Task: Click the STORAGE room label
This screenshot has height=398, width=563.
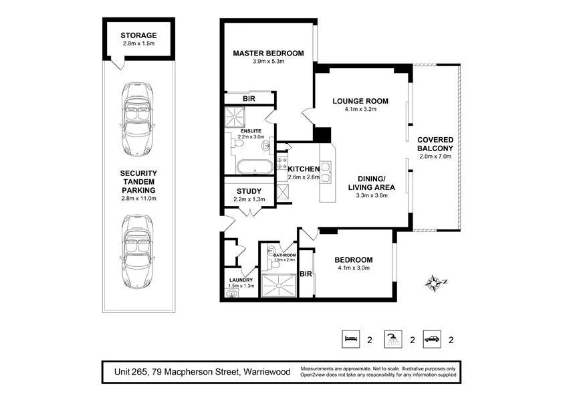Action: coord(138,35)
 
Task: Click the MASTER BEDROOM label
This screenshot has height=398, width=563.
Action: coord(268,54)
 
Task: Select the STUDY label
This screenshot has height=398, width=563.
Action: coord(249,191)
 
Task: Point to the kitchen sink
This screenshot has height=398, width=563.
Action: coord(326,173)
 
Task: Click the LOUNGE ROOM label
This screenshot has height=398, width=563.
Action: coord(360,102)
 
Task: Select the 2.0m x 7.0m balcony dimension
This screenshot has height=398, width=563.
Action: coord(435,157)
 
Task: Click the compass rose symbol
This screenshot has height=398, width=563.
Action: coord(435,282)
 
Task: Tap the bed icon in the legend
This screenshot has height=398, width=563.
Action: coord(350,339)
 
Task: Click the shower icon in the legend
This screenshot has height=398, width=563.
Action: coord(392,339)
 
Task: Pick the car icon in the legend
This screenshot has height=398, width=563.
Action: coord(433,339)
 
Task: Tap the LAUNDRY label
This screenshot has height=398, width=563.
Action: coord(240,280)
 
